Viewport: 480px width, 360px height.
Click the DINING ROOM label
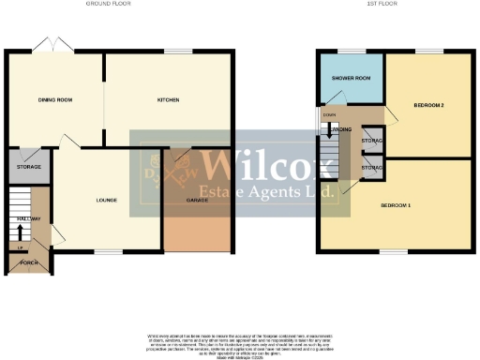pos(56,99)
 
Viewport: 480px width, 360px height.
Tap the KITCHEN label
pos(168,99)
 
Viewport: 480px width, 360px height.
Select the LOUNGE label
pos(104,200)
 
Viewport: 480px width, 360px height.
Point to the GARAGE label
pos(197,201)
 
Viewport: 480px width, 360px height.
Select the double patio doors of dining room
pos(52,46)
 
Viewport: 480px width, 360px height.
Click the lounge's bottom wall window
pos(109,251)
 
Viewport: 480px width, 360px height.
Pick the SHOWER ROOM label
pos(351,80)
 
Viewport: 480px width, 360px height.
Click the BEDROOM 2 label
pos(428,105)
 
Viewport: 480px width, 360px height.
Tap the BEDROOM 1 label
pos(395,204)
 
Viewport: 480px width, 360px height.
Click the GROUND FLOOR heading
pos(109,5)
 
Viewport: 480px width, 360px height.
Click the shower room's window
pos(352,51)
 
